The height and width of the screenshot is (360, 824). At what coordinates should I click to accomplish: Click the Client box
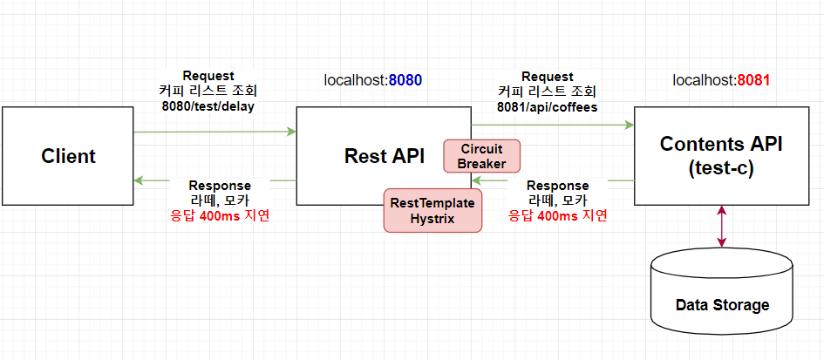(67, 156)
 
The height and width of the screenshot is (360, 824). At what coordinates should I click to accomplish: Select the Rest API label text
(385, 155)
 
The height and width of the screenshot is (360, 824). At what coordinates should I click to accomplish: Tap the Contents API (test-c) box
(721, 156)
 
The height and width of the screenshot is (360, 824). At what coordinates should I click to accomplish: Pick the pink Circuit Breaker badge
(481, 156)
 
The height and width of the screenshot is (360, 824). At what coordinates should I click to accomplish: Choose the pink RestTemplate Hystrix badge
(432, 210)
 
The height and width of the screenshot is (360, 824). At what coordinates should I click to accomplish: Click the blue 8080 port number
(405, 80)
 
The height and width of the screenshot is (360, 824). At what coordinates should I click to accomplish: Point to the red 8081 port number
(753, 80)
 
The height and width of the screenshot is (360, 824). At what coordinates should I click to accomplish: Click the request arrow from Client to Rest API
(215, 132)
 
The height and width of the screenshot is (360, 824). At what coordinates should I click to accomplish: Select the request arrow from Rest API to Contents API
(552, 125)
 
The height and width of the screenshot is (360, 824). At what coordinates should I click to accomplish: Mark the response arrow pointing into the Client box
(215, 180)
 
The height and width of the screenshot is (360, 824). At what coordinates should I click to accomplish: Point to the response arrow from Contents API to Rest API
(552, 180)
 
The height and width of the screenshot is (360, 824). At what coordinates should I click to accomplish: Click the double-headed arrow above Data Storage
(721, 227)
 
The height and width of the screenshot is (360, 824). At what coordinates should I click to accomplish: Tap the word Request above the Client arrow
(208, 76)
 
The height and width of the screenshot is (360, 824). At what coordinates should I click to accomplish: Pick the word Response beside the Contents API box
(557, 186)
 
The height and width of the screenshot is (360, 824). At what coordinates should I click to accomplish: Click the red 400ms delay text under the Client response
(220, 215)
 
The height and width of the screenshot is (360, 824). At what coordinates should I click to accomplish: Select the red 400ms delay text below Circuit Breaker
(557, 215)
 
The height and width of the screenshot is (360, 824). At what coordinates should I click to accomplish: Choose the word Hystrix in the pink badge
(432, 218)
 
